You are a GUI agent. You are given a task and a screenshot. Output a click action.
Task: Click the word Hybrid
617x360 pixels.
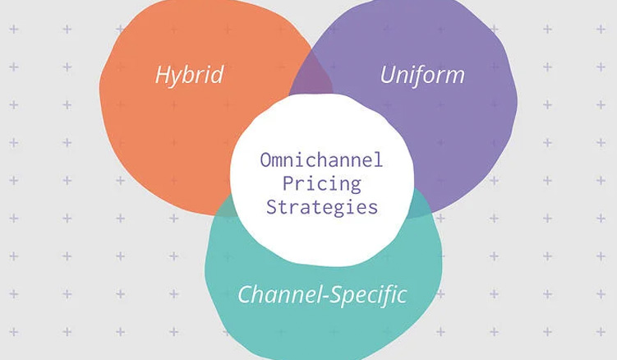(190, 76)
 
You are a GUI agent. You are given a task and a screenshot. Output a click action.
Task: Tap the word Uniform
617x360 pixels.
(422, 76)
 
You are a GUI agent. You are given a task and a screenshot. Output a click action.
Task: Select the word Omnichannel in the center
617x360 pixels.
(321, 159)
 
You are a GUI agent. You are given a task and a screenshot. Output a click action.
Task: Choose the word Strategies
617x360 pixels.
(321, 205)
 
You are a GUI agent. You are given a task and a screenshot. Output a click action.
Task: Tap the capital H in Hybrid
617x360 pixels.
(162, 76)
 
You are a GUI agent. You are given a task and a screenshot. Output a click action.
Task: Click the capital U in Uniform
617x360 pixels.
(388, 76)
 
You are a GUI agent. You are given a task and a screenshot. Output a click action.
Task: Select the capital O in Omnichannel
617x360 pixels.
(266, 159)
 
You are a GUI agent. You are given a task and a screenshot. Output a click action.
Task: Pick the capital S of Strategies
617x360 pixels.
(271, 205)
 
